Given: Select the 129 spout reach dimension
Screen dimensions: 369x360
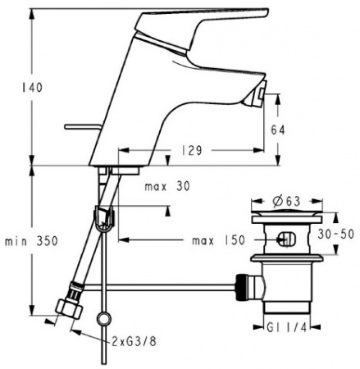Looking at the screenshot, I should coord(190,151).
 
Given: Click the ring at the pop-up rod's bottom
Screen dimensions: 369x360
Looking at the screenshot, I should coord(103,320).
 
